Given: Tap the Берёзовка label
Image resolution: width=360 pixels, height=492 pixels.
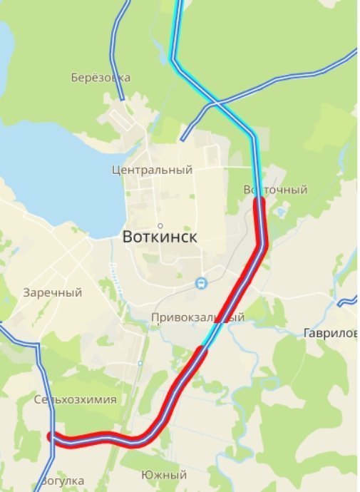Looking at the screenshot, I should pyautogui.click(x=101, y=77).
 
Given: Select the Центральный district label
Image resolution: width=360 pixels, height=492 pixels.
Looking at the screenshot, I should pyautogui.click(x=153, y=170).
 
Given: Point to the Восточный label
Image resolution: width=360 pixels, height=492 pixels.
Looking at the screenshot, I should pyautogui.click(x=275, y=190).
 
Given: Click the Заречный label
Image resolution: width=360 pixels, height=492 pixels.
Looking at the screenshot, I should pyautogui.click(x=52, y=292).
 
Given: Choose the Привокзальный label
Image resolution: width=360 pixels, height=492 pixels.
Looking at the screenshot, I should pyautogui.click(x=197, y=317).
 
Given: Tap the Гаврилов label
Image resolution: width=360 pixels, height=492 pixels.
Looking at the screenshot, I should pyautogui.click(x=330, y=333).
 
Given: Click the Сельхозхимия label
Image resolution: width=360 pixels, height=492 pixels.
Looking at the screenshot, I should pyautogui.click(x=75, y=399).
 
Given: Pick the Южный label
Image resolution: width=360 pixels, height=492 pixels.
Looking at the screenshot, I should pyautogui.click(x=164, y=475).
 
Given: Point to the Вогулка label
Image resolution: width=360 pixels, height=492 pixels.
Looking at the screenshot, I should pyautogui.click(x=62, y=481).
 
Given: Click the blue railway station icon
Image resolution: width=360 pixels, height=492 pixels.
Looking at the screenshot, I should pyautogui.click(x=202, y=283).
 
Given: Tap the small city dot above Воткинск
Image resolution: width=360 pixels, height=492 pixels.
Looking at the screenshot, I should pyautogui.click(x=160, y=225).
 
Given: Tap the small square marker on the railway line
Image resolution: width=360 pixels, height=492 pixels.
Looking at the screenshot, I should pyautogui.click(x=140, y=364).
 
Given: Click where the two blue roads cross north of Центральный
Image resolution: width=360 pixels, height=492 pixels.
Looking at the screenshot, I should pyautogui.click(x=215, y=105).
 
